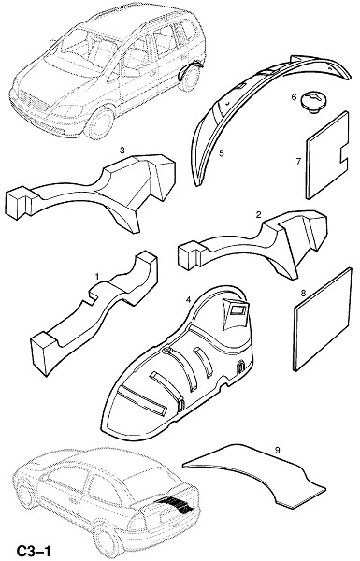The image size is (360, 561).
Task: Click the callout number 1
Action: (97, 277)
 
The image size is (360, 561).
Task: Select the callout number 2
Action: (259, 215)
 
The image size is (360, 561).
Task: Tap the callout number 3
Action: (122, 151)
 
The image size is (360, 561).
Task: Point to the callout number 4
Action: (188, 300)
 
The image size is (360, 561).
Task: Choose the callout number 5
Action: (222, 153)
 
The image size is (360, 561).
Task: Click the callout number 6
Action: (295, 97)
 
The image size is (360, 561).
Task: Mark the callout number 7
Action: (299, 162)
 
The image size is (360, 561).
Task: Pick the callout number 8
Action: (303, 294)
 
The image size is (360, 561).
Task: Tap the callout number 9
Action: (278, 451)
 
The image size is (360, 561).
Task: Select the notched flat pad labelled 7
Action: (327, 155)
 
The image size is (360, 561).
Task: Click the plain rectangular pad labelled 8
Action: (323, 319)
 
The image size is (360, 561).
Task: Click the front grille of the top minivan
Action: (33, 101)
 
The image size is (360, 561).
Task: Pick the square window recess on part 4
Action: (238, 309)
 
